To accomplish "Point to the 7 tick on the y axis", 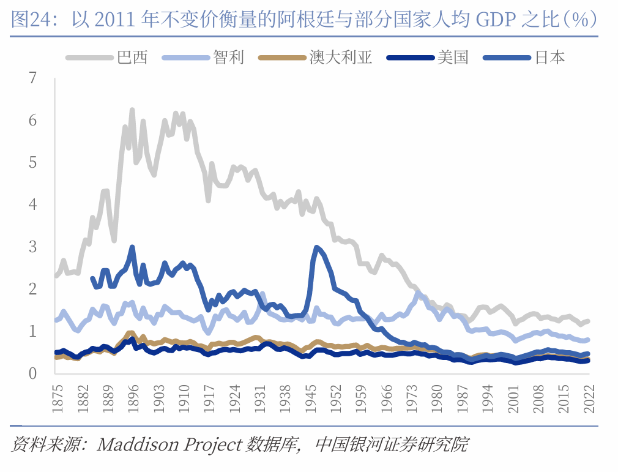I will tap(32, 78).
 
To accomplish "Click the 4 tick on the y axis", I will tap(32, 204).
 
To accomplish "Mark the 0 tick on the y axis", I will tap(32, 373).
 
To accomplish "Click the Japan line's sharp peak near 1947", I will tap(316, 247).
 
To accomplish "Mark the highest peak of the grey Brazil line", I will tap(132, 110).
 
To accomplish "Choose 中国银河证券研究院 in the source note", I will tap(392, 444).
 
